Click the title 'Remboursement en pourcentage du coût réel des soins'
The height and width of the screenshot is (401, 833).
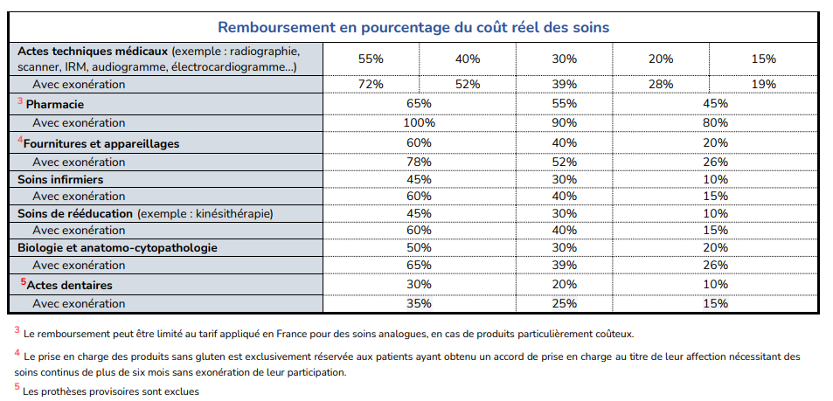click(413, 28)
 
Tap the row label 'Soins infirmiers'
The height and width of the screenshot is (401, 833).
click(60, 179)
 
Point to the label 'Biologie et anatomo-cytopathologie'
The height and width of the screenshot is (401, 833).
click(117, 248)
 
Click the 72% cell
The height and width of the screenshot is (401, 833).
click(371, 84)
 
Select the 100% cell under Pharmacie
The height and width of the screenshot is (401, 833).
click(419, 123)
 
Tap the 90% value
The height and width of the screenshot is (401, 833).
click(564, 123)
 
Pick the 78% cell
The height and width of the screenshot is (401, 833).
click(419, 161)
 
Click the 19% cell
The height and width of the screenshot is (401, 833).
click(763, 84)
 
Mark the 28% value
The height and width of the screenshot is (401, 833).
click(660, 84)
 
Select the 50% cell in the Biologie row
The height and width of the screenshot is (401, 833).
click(419, 248)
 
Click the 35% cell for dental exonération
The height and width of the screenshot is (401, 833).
click(419, 303)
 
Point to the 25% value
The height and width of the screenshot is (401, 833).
click(564, 303)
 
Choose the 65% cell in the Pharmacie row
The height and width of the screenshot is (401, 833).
click(419, 104)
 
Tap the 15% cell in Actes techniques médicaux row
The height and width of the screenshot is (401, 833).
click(763, 59)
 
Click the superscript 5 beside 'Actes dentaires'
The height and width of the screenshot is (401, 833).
click(24, 281)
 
